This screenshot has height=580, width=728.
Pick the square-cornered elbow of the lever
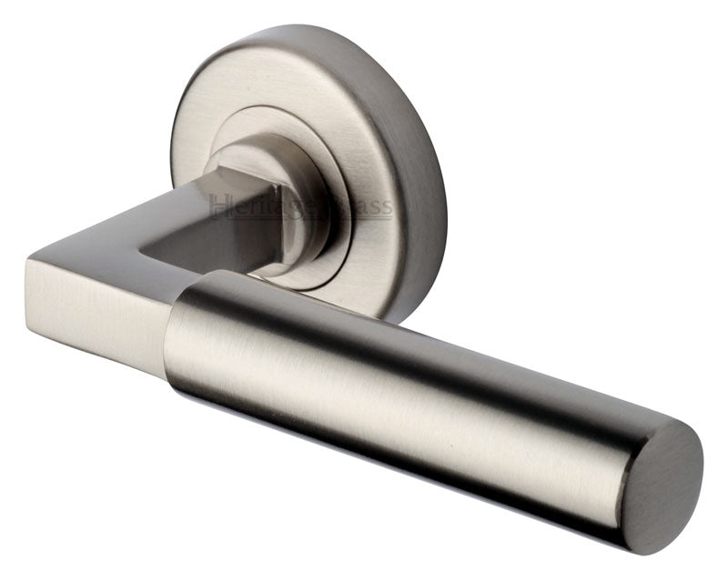91,291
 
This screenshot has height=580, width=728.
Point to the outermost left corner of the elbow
27,264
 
